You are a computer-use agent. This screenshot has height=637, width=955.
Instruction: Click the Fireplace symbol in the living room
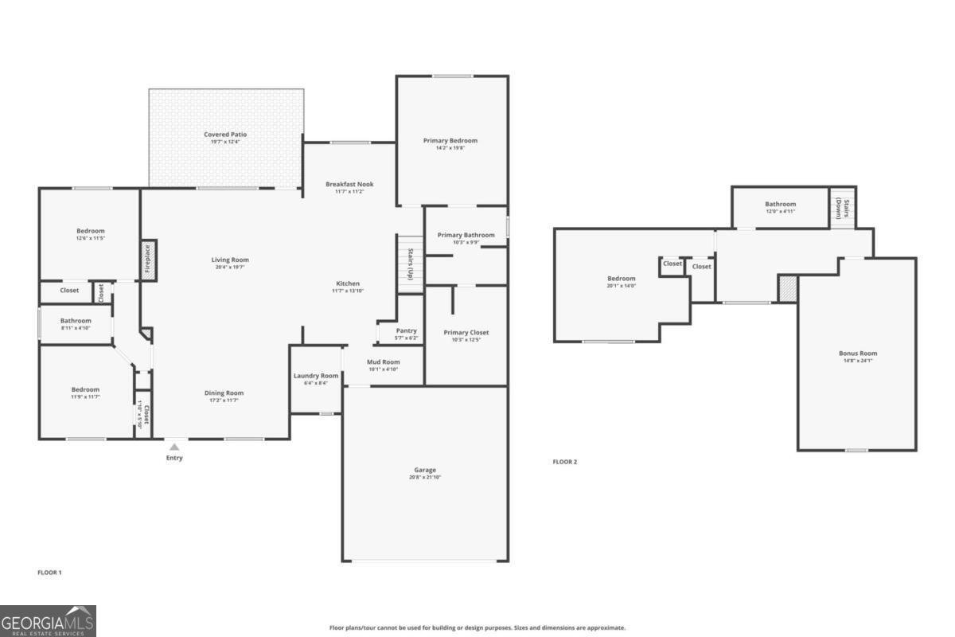click(148, 260)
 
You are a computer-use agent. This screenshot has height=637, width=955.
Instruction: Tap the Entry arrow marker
click(174, 447)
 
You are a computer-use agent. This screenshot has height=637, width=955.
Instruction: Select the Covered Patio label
click(225, 135)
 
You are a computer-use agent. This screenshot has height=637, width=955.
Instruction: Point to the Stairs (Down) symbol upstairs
click(842, 208)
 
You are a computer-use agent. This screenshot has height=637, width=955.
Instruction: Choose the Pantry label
click(406, 330)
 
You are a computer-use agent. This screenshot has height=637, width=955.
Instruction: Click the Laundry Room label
click(316, 376)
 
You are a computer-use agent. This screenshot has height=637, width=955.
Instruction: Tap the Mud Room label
click(384, 361)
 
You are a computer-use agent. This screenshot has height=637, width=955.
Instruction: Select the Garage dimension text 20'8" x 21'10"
click(425, 478)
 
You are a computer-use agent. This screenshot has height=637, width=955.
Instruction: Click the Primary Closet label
click(466, 332)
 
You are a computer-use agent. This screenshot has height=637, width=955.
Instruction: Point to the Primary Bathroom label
click(466, 235)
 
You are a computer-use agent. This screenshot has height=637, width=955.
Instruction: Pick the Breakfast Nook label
click(349, 184)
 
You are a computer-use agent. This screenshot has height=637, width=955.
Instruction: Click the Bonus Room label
click(858, 353)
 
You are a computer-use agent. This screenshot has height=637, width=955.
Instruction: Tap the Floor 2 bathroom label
click(780, 204)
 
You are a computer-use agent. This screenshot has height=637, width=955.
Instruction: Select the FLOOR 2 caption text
click(565, 462)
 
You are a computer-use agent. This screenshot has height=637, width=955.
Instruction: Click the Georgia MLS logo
click(48, 621)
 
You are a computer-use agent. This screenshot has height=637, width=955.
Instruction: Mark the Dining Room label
click(224, 393)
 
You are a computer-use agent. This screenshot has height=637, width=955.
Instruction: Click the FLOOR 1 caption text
click(49, 573)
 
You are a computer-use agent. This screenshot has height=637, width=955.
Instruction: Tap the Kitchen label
click(348, 283)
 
